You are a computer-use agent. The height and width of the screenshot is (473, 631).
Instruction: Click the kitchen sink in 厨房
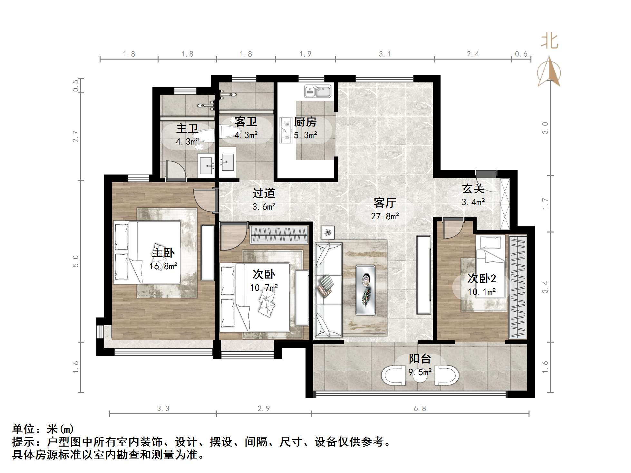318,91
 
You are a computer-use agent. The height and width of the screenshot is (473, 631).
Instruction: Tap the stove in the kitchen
285,130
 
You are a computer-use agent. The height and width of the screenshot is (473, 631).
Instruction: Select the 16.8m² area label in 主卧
163,266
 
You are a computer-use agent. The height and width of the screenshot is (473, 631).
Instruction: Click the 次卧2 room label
481,279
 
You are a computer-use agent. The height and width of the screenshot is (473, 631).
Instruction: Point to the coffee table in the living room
365,290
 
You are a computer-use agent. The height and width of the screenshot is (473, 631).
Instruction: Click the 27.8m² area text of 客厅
385,216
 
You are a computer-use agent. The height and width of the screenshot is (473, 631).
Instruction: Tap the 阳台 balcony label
420,359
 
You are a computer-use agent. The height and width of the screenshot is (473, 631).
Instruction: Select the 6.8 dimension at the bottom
420,409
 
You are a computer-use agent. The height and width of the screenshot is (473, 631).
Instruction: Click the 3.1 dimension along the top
384,54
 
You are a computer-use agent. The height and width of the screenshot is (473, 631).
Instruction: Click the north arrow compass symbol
549,72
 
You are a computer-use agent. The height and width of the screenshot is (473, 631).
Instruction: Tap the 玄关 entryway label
473,189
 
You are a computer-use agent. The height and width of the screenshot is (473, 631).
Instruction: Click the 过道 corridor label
264,193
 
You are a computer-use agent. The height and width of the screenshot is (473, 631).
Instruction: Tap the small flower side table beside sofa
328,232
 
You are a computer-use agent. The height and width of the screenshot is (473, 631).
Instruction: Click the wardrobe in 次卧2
518,287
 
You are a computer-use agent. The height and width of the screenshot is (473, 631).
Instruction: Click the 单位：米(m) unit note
43,429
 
